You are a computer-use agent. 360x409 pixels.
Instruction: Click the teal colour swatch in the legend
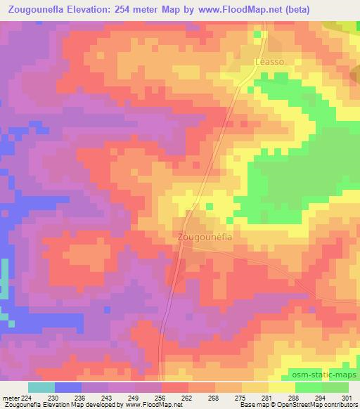click(41, 388)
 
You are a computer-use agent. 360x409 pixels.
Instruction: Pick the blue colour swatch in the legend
click(67, 388)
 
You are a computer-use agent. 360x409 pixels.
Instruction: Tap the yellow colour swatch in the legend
click(281, 388)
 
